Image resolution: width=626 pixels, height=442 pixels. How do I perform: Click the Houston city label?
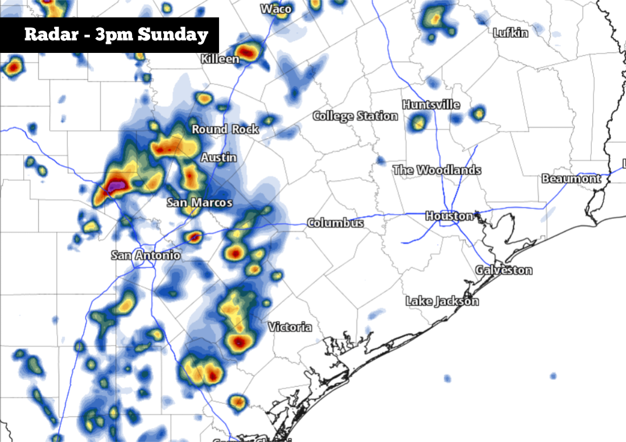[x=449, y=216]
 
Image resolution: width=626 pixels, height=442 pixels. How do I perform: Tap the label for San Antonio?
[x=146, y=255]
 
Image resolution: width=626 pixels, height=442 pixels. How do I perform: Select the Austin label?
[x=219, y=158]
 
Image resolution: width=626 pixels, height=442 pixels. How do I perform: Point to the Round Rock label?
[x=225, y=130]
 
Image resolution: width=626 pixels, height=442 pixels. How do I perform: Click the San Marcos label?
[x=199, y=203]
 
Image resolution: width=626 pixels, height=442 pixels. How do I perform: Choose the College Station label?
[x=355, y=116]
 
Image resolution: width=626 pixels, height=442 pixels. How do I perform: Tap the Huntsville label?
[x=431, y=105]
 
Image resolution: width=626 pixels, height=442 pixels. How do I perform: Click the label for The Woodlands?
[x=436, y=170]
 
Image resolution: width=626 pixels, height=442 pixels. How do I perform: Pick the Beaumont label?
[x=571, y=179]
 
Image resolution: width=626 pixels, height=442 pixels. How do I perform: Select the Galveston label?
[x=504, y=270]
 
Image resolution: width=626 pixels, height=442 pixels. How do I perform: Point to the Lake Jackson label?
[x=442, y=301]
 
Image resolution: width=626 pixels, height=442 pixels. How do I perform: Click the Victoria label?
[x=290, y=327]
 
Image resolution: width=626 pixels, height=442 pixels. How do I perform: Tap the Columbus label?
[x=335, y=223]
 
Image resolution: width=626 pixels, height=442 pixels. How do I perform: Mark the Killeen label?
[x=220, y=59]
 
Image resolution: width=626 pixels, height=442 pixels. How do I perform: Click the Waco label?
[x=276, y=9]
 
